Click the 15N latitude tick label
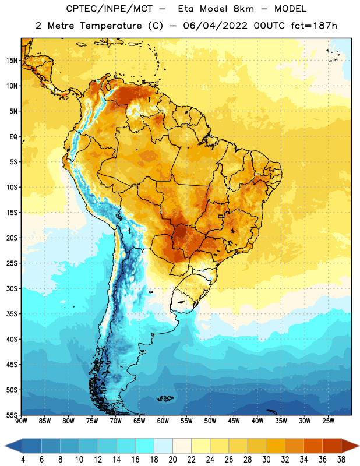(12, 61)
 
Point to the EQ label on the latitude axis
(13, 137)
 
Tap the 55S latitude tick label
(12, 415)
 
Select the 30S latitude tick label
(12, 288)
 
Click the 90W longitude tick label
(21, 421)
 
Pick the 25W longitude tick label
(328, 421)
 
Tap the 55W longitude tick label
(186, 421)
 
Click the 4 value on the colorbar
(23, 460)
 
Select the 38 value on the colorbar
(341, 460)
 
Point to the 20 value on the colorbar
(172, 460)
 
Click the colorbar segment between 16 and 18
(145, 446)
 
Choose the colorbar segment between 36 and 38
(332, 446)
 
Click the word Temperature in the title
(111, 26)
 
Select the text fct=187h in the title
(314, 26)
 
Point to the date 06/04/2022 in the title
(215, 26)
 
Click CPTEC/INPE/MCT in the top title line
(109, 9)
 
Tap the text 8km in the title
(243, 9)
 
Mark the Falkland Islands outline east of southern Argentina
(165, 398)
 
